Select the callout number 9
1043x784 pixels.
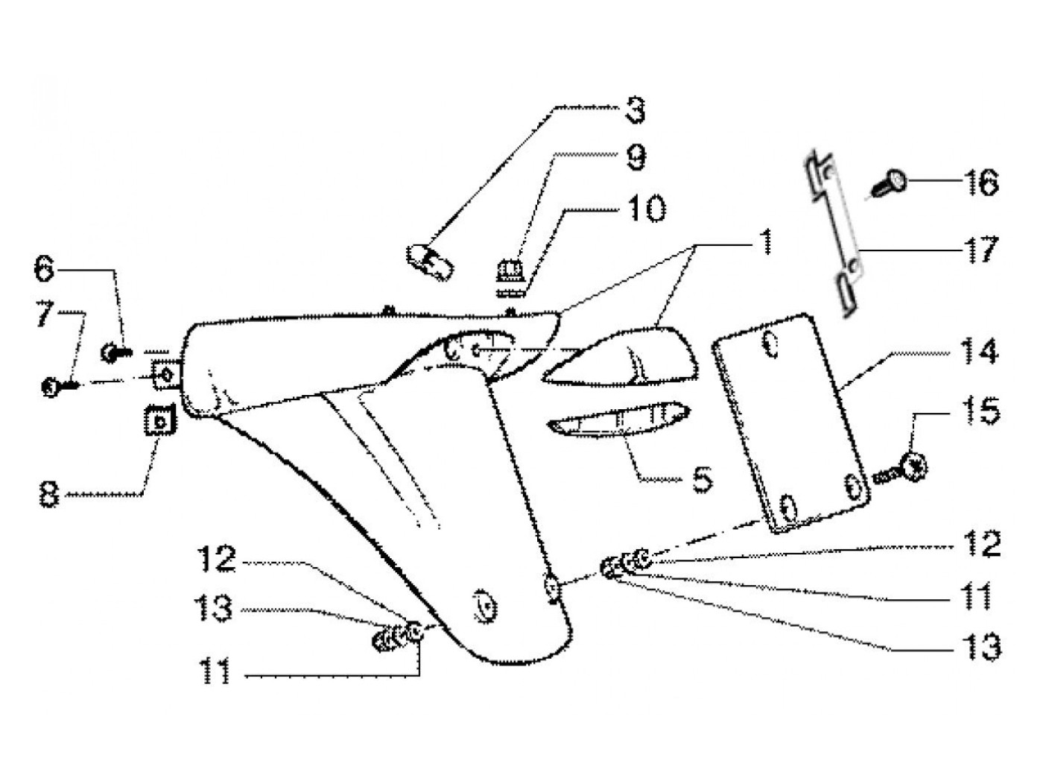(635, 157)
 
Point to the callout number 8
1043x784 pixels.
(49, 494)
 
